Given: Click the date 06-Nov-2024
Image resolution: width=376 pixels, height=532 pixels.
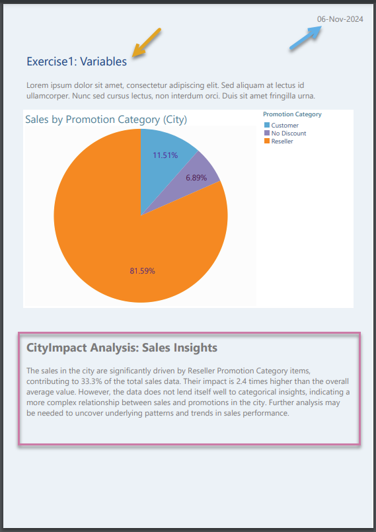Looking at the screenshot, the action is [340, 19].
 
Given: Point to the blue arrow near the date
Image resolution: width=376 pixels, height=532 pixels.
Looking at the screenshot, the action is [305, 38].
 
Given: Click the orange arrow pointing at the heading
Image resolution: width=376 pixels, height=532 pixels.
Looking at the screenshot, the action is [146, 42].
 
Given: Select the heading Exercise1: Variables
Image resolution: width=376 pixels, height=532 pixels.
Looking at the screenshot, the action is [77, 61].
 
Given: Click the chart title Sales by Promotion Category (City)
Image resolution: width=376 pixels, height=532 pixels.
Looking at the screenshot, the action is [106, 120].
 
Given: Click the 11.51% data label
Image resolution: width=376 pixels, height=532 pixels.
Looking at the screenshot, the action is [165, 155].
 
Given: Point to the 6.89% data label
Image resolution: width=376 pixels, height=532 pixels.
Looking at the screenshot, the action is [196, 178].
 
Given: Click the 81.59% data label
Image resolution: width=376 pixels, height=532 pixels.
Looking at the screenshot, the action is [143, 271].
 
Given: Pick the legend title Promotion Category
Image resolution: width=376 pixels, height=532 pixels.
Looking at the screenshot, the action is [292, 114].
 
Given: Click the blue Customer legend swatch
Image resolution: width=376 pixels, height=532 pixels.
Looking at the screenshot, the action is [267, 125].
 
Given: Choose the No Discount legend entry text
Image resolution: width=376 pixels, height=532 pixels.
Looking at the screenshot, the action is [289, 133].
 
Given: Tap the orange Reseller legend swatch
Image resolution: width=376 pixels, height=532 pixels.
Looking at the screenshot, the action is [267, 141].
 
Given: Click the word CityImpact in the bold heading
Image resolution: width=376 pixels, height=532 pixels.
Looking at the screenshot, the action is [57, 348].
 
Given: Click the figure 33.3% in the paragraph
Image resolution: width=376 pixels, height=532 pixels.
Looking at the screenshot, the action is [91, 381].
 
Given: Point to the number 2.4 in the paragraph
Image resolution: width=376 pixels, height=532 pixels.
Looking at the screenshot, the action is [242, 381].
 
